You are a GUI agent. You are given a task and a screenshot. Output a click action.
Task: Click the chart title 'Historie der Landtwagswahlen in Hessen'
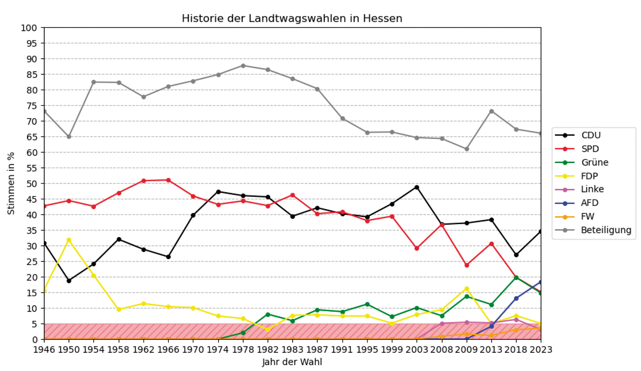tap(292, 19)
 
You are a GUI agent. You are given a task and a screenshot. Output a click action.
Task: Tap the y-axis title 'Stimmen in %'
tap(11, 183)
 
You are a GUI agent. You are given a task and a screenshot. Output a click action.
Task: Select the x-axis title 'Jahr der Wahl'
tap(292, 362)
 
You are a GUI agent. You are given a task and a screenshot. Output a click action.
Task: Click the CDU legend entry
tap(591, 135)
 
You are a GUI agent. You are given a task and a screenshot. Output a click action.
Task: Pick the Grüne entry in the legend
tap(595, 162)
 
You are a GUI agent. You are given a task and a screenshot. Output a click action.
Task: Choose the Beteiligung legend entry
tap(606, 230)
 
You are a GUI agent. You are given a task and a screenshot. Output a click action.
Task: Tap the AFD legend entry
tap(589, 203)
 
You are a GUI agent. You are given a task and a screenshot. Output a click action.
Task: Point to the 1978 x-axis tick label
tap(243, 350)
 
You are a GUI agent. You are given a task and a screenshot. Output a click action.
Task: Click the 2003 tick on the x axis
tap(417, 350)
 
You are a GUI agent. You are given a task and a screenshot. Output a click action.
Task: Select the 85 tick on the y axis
tap(29, 75)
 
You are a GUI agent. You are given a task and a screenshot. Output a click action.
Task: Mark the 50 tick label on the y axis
tap(29, 184)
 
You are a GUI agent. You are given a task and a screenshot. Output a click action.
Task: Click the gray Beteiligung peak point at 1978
tap(243, 66)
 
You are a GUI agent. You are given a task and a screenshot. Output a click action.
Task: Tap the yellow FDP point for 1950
tap(69, 240)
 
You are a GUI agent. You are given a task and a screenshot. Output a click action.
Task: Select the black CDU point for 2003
tap(417, 187)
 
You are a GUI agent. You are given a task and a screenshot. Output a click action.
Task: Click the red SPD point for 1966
tap(168, 180)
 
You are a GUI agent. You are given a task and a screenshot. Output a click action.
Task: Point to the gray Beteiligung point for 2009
tap(467, 149)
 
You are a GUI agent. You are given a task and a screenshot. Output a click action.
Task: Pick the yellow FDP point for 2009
tap(467, 289)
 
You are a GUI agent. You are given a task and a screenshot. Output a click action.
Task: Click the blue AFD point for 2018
tap(516, 298)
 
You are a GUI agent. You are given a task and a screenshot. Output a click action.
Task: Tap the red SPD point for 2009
tap(467, 265)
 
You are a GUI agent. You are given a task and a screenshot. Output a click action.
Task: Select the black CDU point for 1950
tap(69, 281)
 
